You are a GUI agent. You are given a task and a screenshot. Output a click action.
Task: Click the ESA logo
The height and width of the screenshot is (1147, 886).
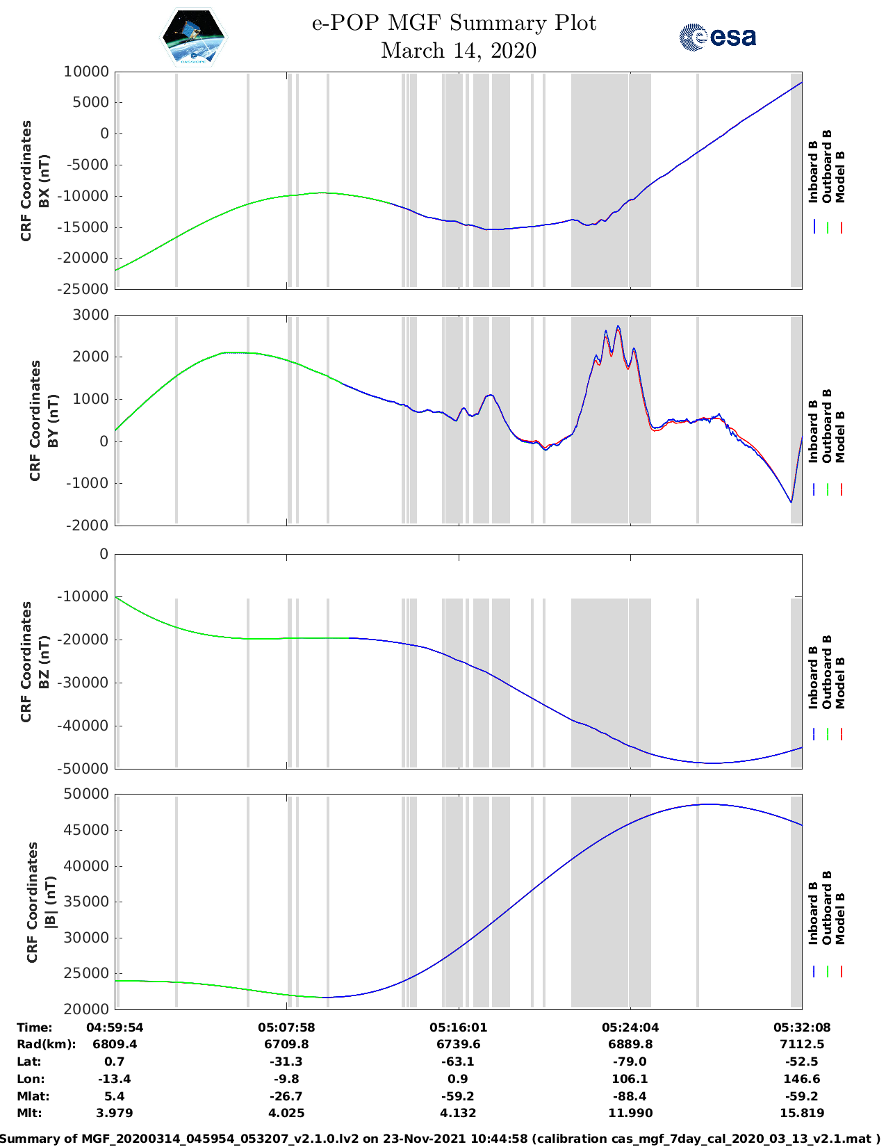click(x=717, y=37)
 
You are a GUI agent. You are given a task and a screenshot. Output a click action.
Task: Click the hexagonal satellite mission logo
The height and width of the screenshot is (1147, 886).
click(x=194, y=37)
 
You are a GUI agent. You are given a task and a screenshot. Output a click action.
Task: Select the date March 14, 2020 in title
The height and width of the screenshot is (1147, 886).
click(x=459, y=51)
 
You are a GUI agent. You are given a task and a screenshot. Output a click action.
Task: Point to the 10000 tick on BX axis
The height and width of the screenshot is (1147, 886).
click(x=86, y=72)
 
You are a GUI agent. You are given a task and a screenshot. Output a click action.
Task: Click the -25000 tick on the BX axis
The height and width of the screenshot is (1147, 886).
click(x=86, y=288)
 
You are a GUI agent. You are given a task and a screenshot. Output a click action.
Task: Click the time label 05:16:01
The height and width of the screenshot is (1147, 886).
click(x=459, y=1027)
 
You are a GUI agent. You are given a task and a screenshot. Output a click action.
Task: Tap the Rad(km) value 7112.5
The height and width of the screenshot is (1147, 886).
click(x=802, y=1044)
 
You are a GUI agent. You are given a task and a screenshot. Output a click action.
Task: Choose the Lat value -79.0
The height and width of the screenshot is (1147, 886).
click(x=630, y=1061)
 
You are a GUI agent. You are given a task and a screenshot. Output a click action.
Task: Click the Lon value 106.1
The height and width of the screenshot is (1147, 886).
click(x=630, y=1079)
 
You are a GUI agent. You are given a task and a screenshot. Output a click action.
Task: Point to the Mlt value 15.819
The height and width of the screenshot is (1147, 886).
click(x=802, y=1113)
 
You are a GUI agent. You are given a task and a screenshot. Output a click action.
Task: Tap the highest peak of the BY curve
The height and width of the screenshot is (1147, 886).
click(x=618, y=326)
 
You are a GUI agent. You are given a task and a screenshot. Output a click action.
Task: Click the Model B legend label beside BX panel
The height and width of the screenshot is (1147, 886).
click(x=840, y=177)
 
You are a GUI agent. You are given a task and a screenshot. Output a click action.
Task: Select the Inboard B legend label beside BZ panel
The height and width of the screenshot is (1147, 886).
click(x=813, y=677)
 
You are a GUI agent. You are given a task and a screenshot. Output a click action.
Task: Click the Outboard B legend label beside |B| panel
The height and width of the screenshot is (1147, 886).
click(x=827, y=907)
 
